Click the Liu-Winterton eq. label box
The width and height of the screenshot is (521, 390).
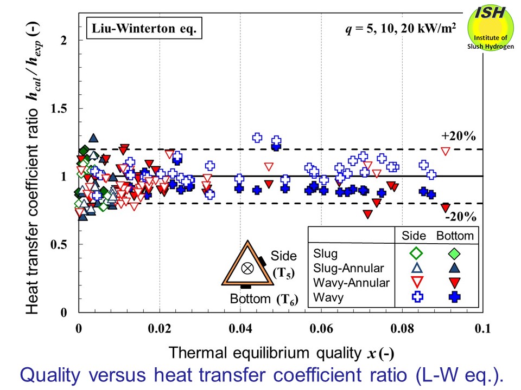coord(143,28)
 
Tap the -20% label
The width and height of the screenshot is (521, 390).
coord(460,217)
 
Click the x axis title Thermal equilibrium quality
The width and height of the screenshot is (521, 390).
coord(264,353)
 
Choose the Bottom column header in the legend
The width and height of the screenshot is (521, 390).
coord(455,236)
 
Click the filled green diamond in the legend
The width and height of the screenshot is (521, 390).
coord(455,253)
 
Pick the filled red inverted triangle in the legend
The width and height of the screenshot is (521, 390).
coord(455,282)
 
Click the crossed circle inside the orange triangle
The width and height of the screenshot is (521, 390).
coord(247,268)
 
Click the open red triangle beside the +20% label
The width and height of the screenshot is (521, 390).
coord(446,151)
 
